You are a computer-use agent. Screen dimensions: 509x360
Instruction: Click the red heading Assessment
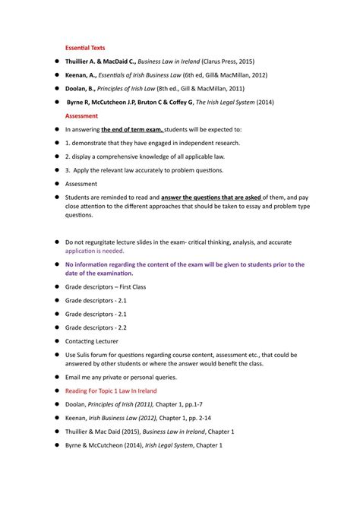point(81,115)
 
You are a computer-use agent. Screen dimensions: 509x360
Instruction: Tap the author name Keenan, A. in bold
point(81,74)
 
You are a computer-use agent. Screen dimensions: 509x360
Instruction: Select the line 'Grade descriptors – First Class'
point(105,286)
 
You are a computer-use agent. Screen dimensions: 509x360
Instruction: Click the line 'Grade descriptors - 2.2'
point(96,327)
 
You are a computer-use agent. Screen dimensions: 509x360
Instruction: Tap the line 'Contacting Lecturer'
point(91,341)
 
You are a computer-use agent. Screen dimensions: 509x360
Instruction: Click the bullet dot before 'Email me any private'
point(56,377)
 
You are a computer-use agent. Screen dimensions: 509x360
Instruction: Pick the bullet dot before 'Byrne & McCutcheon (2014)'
point(56,445)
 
